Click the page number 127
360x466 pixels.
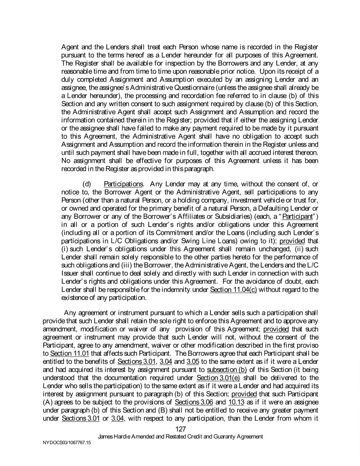[180, 429]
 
